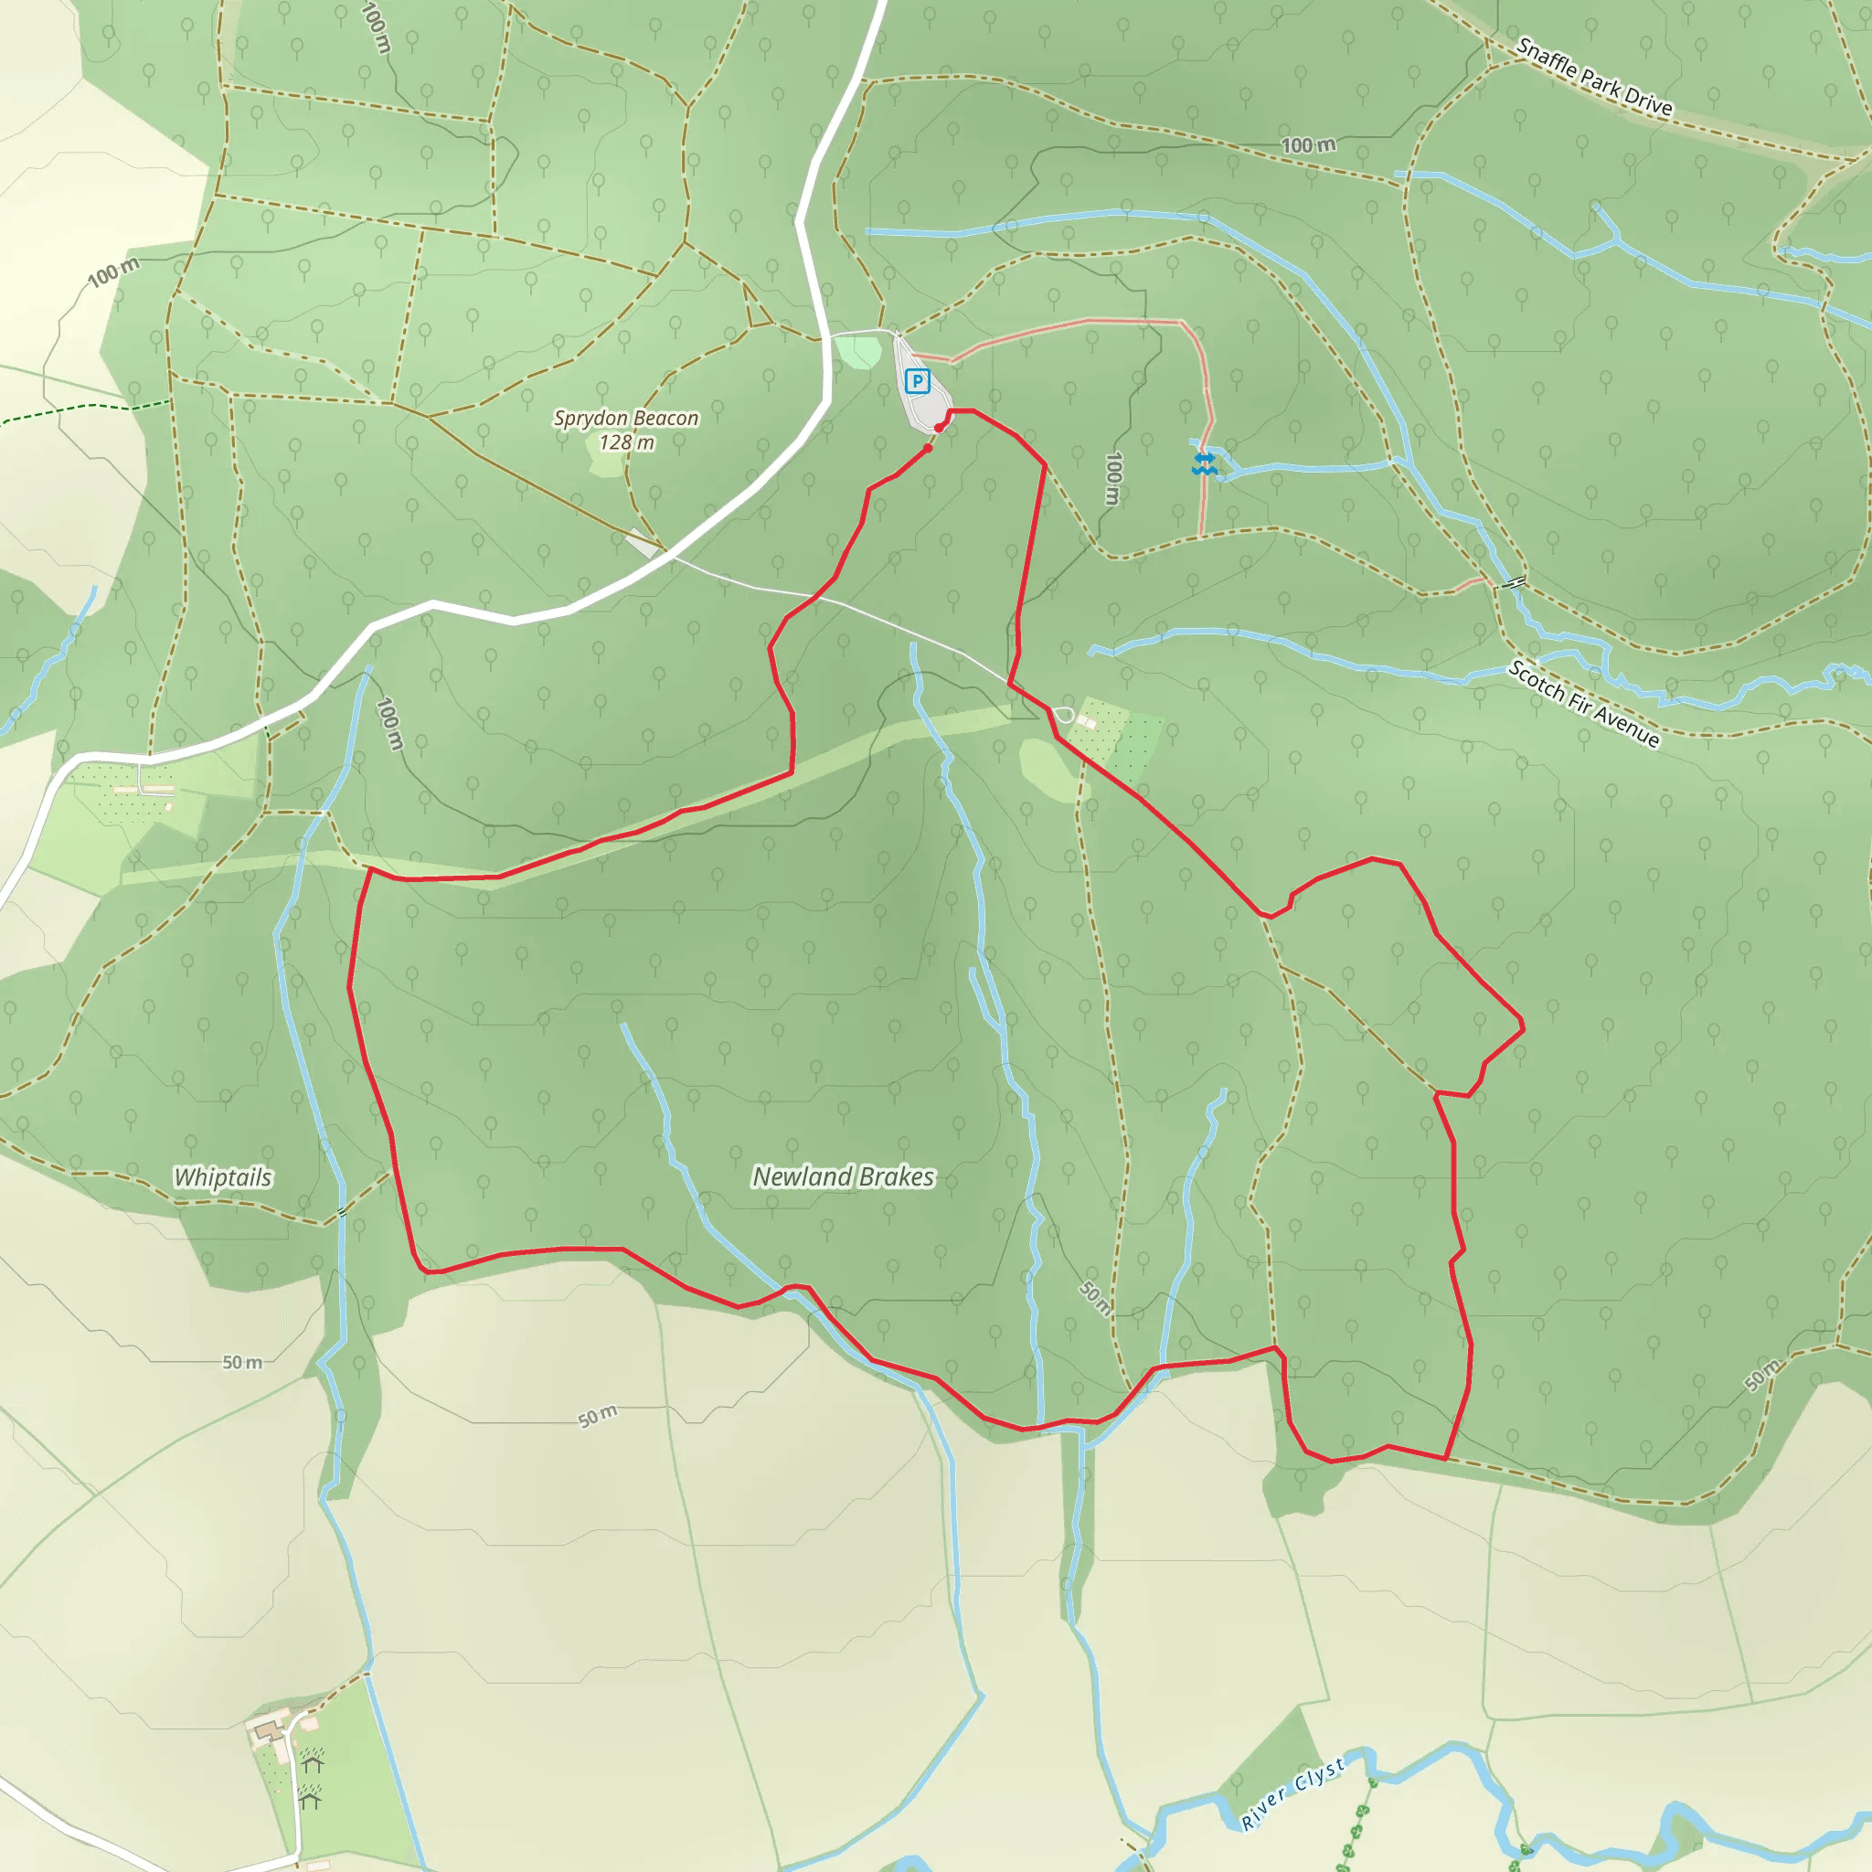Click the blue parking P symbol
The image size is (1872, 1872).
(x=917, y=381)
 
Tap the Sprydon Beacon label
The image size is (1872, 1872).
(x=626, y=418)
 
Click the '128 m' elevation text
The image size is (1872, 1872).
(x=626, y=442)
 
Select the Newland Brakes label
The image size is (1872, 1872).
(x=843, y=1176)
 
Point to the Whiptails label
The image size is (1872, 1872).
(x=223, y=1177)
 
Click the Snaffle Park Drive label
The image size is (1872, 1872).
(x=1594, y=78)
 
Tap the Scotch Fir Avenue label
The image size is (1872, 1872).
(x=1584, y=705)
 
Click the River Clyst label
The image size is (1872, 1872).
(x=1293, y=1793)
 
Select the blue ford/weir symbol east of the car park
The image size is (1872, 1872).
(x=1204, y=463)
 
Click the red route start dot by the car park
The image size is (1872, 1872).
(x=939, y=427)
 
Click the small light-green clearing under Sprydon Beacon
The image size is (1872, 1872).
(x=606, y=463)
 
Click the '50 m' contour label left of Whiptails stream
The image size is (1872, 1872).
(x=242, y=1362)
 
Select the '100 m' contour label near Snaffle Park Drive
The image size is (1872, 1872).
(x=1308, y=145)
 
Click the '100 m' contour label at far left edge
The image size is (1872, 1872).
(x=113, y=272)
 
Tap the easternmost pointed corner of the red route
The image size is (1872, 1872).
(x=1523, y=1026)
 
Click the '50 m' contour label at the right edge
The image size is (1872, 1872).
(x=1762, y=1375)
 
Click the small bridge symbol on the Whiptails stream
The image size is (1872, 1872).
(x=342, y=1211)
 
